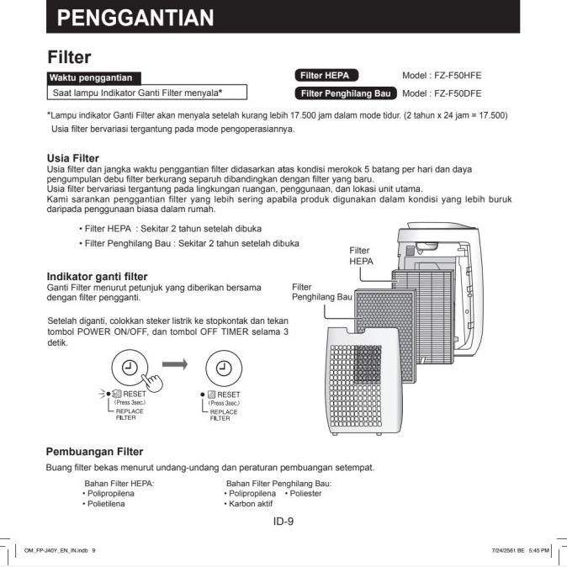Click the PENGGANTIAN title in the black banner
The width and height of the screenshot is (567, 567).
(140, 17)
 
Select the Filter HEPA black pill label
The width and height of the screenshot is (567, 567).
(331, 75)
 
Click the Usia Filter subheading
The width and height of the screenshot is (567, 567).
(73, 158)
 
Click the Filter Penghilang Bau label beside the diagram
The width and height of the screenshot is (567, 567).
(321, 292)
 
